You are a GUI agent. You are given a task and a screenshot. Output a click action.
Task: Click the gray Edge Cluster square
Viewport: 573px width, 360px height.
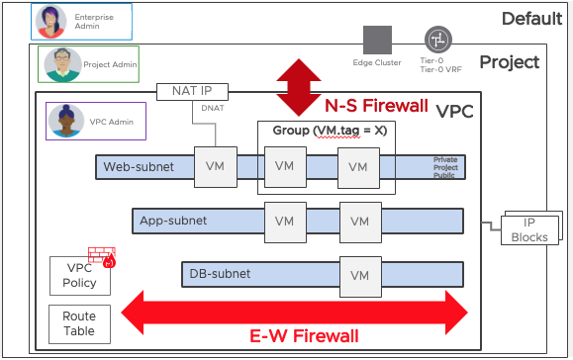tap(377, 41)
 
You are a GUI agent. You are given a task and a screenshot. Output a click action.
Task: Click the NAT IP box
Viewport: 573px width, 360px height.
tap(192, 91)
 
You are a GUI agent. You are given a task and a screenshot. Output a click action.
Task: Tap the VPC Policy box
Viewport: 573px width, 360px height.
tap(79, 276)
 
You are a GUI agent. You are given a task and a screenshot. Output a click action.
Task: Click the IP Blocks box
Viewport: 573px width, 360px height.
tap(529, 229)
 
